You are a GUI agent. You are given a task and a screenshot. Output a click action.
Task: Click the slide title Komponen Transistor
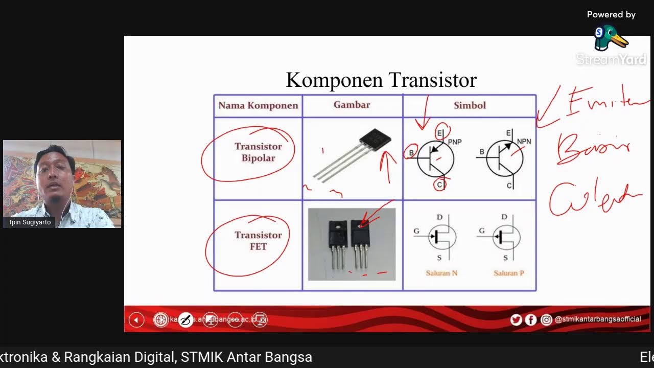click(x=381, y=80)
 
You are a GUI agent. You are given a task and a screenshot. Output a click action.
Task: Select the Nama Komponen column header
click(x=258, y=106)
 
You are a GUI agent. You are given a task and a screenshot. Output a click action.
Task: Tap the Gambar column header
click(x=352, y=105)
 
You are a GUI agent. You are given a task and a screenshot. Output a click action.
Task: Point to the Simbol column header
click(x=470, y=105)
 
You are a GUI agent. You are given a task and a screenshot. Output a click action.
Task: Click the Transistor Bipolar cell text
click(x=258, y=152)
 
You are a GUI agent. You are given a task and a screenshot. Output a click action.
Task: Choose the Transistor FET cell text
click(x=258, y=241)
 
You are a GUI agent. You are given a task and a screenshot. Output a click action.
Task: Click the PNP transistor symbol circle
click(x=435, y=158)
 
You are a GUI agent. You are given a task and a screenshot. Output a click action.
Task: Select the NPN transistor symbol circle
click(x=504, y=158)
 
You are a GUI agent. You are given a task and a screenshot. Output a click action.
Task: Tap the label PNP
click(x=455, y=142)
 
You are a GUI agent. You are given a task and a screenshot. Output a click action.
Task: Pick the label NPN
click(x=524, y=142)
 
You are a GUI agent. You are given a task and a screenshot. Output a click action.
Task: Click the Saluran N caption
click(x=441, y=273)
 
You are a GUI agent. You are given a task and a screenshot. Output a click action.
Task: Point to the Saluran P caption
click(x=509, y=273)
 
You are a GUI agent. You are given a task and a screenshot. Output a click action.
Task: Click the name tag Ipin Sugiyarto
click(x=30, y=222)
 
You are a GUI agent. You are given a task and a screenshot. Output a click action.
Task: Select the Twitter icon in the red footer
click(x=516, y=320)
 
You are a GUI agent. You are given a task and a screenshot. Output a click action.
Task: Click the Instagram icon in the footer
click(x=546, y=320)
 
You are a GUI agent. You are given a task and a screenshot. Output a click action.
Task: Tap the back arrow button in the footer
click(x=136, y=320)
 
